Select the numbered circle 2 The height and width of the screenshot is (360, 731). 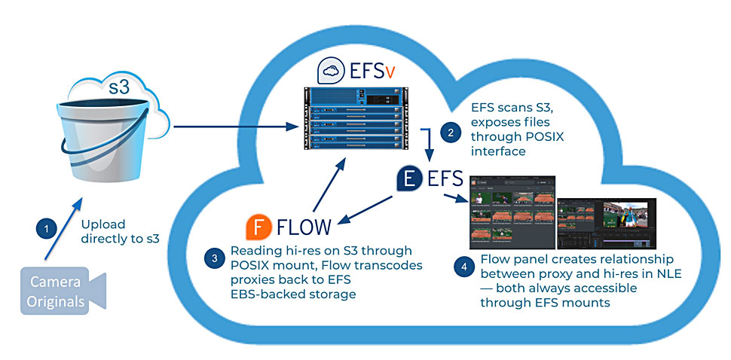pos(451,133)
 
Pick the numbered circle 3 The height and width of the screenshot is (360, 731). pos(215,258)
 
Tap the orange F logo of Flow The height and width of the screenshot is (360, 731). pos(258,226)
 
